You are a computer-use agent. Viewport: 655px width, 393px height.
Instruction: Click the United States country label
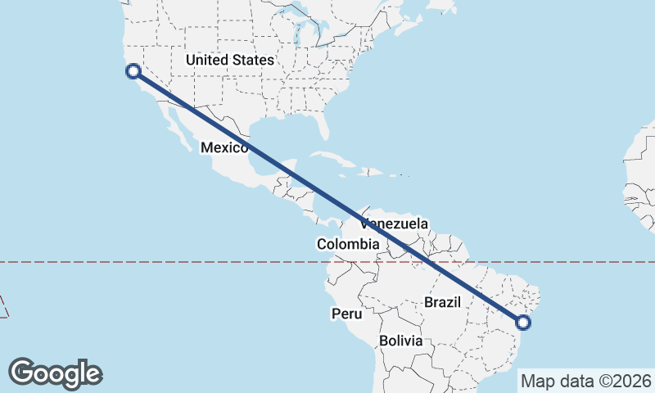click(x=229, y=60)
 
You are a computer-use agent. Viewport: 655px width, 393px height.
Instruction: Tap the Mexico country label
click(x=224, y=147)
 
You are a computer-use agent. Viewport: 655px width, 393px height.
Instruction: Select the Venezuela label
click(x=394, y=224)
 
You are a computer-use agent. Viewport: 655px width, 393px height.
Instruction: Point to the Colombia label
click(x=348, y=244)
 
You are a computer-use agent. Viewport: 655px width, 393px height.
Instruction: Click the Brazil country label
click(x=443, y=302)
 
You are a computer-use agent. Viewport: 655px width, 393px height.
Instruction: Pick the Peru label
click(x=346, y=313)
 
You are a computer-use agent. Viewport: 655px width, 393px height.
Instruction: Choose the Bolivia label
click(x=401, y=341)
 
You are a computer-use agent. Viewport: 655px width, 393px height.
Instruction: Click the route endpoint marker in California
click(x=133, y=71)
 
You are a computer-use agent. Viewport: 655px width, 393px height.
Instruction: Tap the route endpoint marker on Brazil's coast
click(x=524, y=323)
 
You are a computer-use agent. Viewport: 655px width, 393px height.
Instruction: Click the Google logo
click(x=56, y=373)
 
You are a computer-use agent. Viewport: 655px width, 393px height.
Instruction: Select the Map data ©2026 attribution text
click(x=585, y=381)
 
